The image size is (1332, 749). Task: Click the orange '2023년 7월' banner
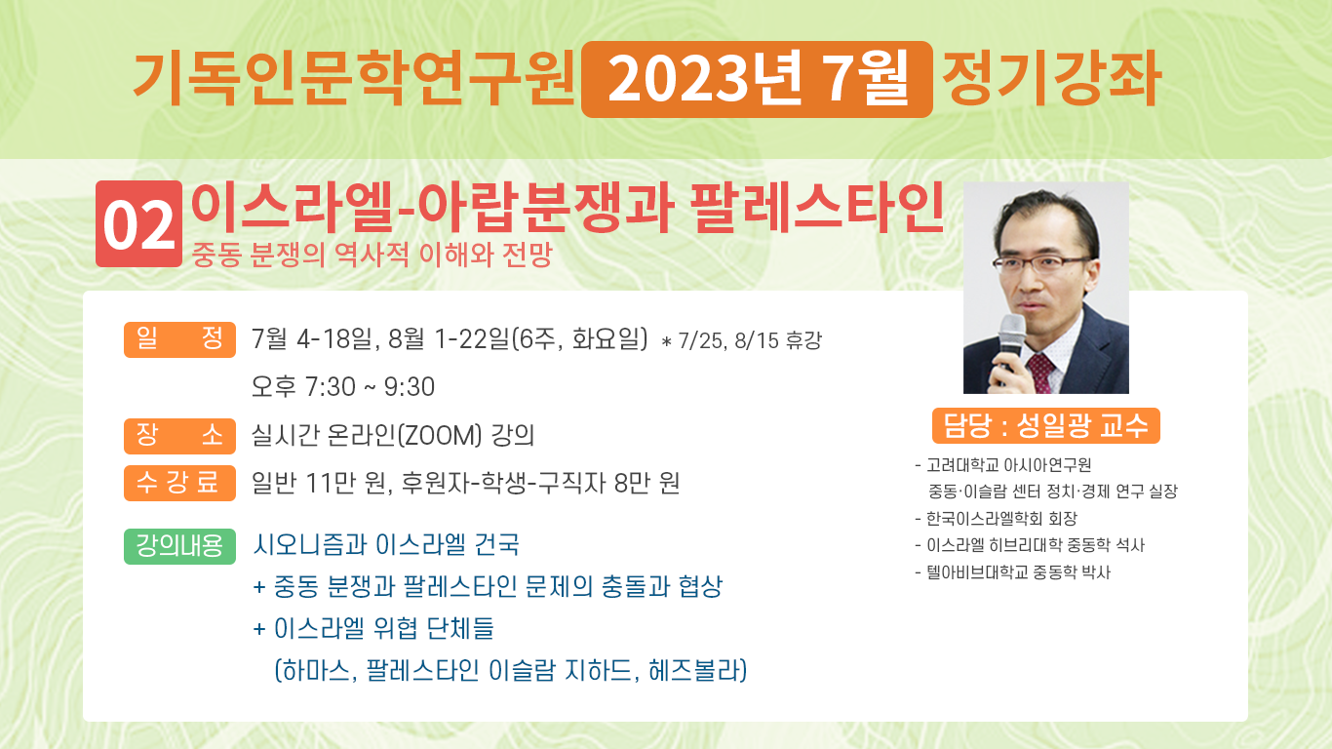click(757, 79)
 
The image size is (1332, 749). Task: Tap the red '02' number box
click(138, 223)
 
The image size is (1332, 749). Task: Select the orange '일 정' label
click(179, 339)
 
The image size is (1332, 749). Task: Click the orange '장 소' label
click(179, 436)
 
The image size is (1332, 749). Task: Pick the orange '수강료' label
click(179, 483)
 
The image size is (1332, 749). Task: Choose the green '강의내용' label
click(179, 546)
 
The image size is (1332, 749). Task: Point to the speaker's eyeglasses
click(1040, 262)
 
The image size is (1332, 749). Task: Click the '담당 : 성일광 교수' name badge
click(1046, 425)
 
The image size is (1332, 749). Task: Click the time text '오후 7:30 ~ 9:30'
click(343, 387)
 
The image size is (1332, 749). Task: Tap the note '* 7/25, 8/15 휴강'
click(741, 340)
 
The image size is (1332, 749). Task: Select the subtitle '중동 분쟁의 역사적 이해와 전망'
click(372, 255)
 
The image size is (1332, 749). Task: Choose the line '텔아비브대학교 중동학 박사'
click(1013, 572)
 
